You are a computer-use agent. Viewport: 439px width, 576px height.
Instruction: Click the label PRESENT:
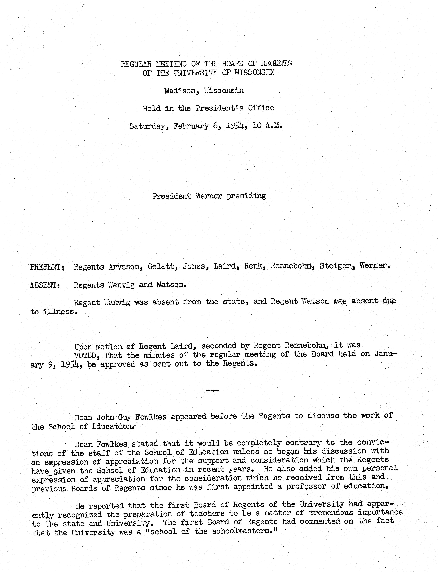(x=47, y=267)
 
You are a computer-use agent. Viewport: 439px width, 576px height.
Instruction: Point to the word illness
(x=60, y=312)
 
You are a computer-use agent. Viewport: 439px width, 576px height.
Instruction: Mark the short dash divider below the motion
(x=212, y=391)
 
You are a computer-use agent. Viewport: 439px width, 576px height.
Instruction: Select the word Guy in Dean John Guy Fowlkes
(x=124, y=418)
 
